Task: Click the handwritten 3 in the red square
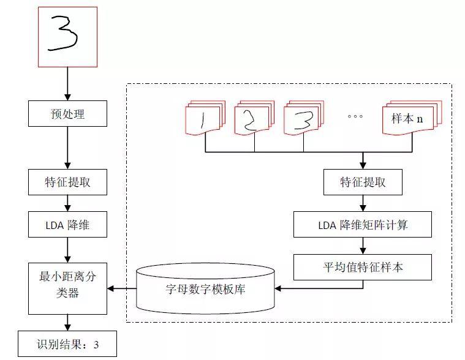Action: tap(63, 33)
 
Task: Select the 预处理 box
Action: tap(67, 113)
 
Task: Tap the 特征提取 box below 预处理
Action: tap(67, 182)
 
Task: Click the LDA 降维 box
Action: tap(67, 224)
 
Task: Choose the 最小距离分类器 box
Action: tap(67, 288)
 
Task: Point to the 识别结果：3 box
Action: tap(67, 343)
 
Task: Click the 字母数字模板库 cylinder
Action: tap(205, 288)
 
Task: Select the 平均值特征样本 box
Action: tap(363, 267)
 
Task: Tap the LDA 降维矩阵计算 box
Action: tap(363, 224)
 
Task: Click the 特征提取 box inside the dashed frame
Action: tap(363, 182)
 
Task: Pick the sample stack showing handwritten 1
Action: tap(205, 118)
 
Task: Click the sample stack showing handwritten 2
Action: tap(254, 118)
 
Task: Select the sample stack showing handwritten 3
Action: tap(304, 118)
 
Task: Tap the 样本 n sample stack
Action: tap(412, 118)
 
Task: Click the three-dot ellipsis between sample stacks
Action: tap(355, 116)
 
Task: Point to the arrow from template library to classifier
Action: tap(121, 288)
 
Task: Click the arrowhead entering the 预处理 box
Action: tap(67, 97)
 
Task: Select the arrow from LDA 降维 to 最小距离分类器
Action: tap(67, 250)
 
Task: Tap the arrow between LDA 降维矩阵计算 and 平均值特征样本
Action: tap(363, 246)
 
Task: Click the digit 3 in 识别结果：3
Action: tap(96, 345)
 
